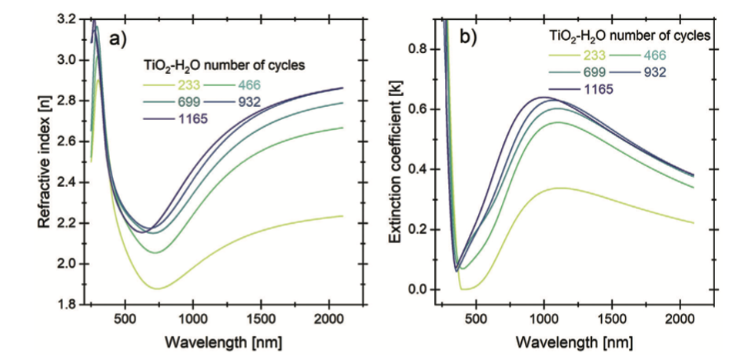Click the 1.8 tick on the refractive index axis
pyautogui.click(x=67, y=305)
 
